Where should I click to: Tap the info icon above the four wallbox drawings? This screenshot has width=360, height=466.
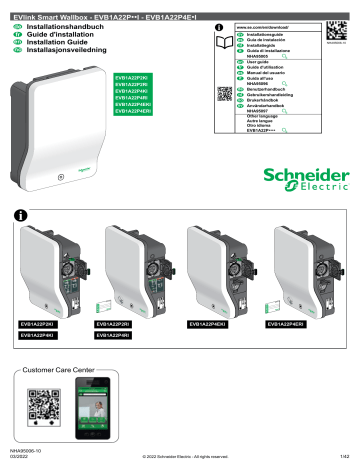click(x=20, y=214)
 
